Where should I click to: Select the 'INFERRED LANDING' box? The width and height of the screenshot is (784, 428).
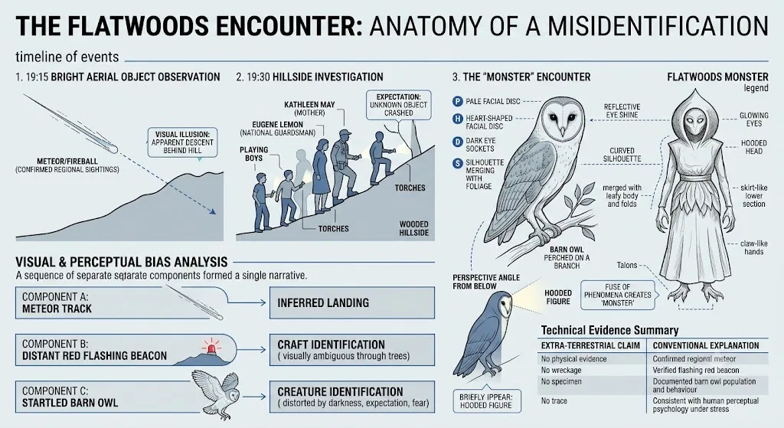pos(352,302)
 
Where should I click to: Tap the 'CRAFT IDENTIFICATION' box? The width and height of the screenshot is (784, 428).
pos(352,349)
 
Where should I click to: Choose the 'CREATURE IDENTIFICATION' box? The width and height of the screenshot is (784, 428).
pos(352,397)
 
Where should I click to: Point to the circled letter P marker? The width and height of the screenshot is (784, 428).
pos(458,102)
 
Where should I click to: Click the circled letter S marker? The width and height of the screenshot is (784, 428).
pos(458,163)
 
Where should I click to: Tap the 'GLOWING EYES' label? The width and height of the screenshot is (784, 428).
pos(754,119)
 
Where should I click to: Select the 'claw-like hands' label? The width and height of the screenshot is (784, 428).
pos(754,247)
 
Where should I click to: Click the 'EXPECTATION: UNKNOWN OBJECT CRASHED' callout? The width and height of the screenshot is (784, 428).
pos(398,104)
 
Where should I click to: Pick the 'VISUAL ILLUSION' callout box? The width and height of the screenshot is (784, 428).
pos(182,142)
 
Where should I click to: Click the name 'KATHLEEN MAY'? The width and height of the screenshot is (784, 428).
pos(309,104)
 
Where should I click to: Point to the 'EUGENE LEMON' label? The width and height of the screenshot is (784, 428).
pos(277,125)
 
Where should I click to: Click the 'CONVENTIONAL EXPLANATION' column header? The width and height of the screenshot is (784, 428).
pos(705,345)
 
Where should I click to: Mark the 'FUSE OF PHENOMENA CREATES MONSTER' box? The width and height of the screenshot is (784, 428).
pos(618,295)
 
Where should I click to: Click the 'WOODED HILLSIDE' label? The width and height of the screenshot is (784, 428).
pos(414,228)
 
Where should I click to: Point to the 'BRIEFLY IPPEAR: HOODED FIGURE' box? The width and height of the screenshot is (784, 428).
pos(485,401)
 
